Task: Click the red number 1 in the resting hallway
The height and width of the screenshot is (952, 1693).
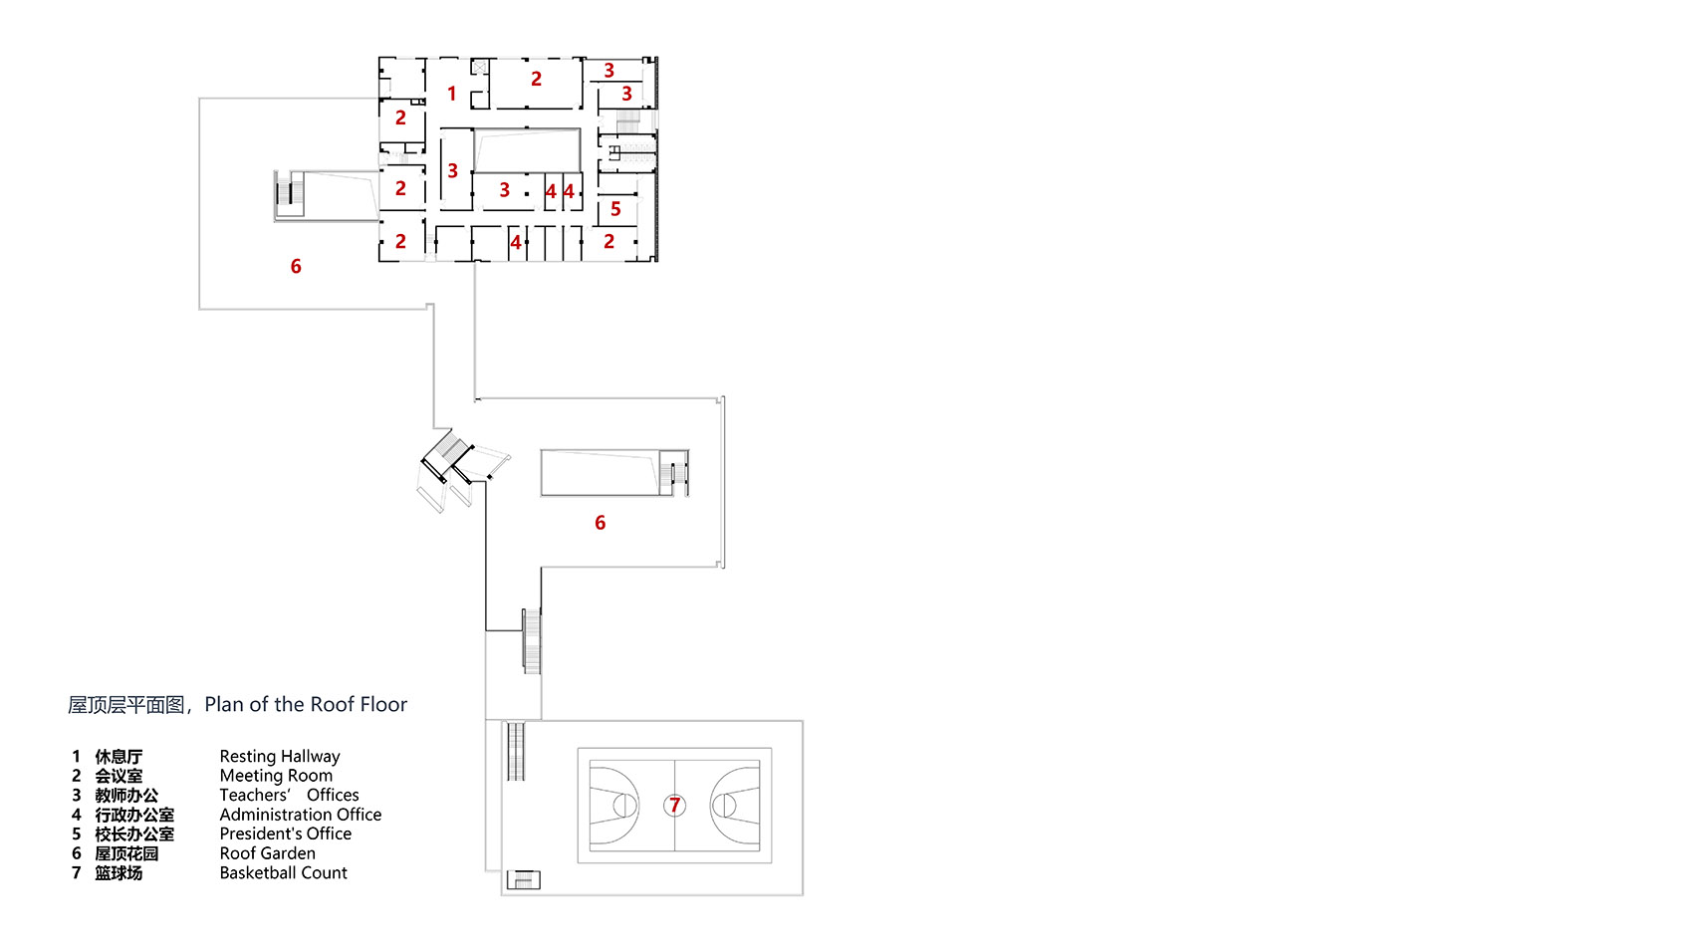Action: click(x=451, y=94)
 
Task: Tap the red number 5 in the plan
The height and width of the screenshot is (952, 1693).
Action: click(x=615, y=209)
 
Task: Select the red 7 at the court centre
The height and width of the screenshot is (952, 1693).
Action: click(x=675, y=805)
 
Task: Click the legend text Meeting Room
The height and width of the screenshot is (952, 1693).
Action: click(x=276, y=776)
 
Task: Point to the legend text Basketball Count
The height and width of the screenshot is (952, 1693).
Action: click(x=283, y=873)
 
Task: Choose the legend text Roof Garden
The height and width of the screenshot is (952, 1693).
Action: click(x=267, y=853)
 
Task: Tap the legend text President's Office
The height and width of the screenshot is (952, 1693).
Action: click(x=285, y=833)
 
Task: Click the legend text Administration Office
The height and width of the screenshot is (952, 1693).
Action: click(x=300, y=815)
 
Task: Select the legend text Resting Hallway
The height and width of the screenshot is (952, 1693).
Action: click(x=279, y=757)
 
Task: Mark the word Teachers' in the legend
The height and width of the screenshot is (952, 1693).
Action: click(x=255, y=795)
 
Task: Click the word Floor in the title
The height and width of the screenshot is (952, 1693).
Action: click(x=383, y=705)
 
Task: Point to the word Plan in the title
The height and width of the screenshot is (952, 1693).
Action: click(x=224, y=705)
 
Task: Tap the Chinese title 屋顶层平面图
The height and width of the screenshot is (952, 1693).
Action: click(x=126, y=706)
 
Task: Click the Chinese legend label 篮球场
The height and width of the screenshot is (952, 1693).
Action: click(x=119, y=873)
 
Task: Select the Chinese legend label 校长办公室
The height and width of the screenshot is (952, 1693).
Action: click(x=134, y=834)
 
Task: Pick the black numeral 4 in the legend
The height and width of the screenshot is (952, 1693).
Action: click(x=76, y=815)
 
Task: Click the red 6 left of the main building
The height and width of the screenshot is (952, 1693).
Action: click(x=296, y=266)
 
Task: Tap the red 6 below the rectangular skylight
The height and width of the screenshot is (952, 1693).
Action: click(x=600, y=523)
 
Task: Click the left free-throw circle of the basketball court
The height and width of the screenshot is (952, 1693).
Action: click(x=624, y=805)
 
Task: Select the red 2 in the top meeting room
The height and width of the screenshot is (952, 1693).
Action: click(x=536, y=79)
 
